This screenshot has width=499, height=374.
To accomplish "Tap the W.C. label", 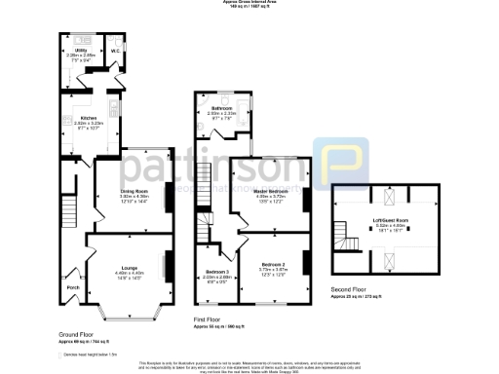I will pyautogui.click(x=114, y=50).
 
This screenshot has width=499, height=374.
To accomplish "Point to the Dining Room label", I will pyautogui.click(x=134, y=191).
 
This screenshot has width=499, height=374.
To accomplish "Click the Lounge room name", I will pyautogui.click(x=129, y=267).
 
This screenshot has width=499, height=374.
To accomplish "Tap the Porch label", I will pyautogui.click(x=73, y=287).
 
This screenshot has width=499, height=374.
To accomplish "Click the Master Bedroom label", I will pyautogui.click(x=271, y=191).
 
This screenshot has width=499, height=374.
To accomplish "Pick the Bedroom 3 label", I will pyautogui.click(x=217, y=272).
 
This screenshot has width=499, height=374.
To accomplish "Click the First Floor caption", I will pyautogui.click(x=206, y=319).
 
